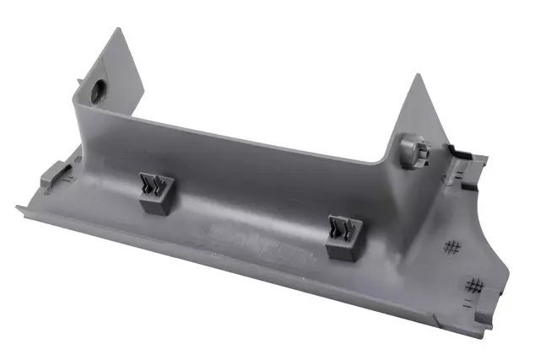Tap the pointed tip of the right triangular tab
(x=418, y=76)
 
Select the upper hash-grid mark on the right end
(x=454, y=247)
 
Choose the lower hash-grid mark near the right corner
(x=477, y=285)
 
